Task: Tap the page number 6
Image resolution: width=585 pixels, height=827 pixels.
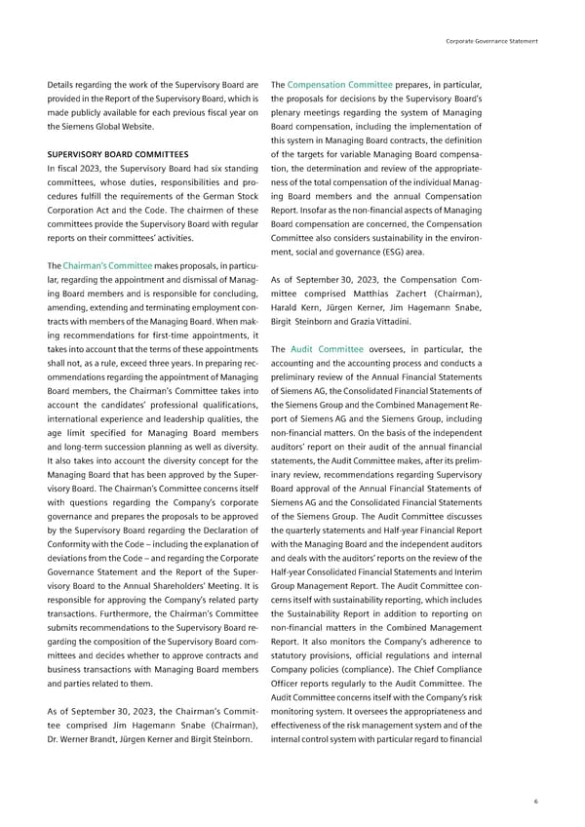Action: pyautogui.click(x=535, y=800)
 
